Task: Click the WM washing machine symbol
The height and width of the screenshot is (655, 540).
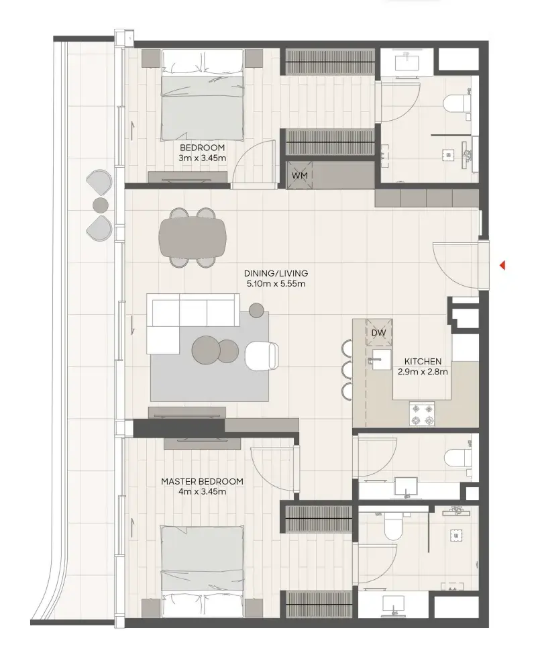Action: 299,174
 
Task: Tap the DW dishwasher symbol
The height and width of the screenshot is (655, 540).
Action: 379,332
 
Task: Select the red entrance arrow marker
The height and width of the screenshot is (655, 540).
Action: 503,265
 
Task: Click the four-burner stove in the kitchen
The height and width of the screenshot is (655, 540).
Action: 421,414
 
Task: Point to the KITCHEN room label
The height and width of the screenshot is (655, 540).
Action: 423,361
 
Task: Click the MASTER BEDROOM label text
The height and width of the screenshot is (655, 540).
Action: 202,481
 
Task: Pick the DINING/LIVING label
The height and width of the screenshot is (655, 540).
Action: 276,273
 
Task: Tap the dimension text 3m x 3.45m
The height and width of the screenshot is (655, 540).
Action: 202,158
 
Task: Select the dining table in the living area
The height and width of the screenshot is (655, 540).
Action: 193,238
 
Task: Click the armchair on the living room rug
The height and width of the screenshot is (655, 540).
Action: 262,356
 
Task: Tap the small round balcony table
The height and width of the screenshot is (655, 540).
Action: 100,205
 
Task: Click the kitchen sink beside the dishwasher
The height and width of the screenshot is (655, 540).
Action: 380,360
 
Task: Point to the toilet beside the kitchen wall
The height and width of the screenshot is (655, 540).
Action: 457,458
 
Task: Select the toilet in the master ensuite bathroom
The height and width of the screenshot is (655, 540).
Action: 392,525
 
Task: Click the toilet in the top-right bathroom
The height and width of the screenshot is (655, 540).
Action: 457,103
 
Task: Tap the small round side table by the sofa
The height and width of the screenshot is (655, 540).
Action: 256,310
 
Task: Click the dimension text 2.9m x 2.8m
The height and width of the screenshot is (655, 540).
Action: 423,372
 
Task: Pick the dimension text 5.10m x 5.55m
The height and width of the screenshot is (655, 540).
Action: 276,284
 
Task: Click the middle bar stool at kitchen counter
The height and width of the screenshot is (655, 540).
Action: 347,369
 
